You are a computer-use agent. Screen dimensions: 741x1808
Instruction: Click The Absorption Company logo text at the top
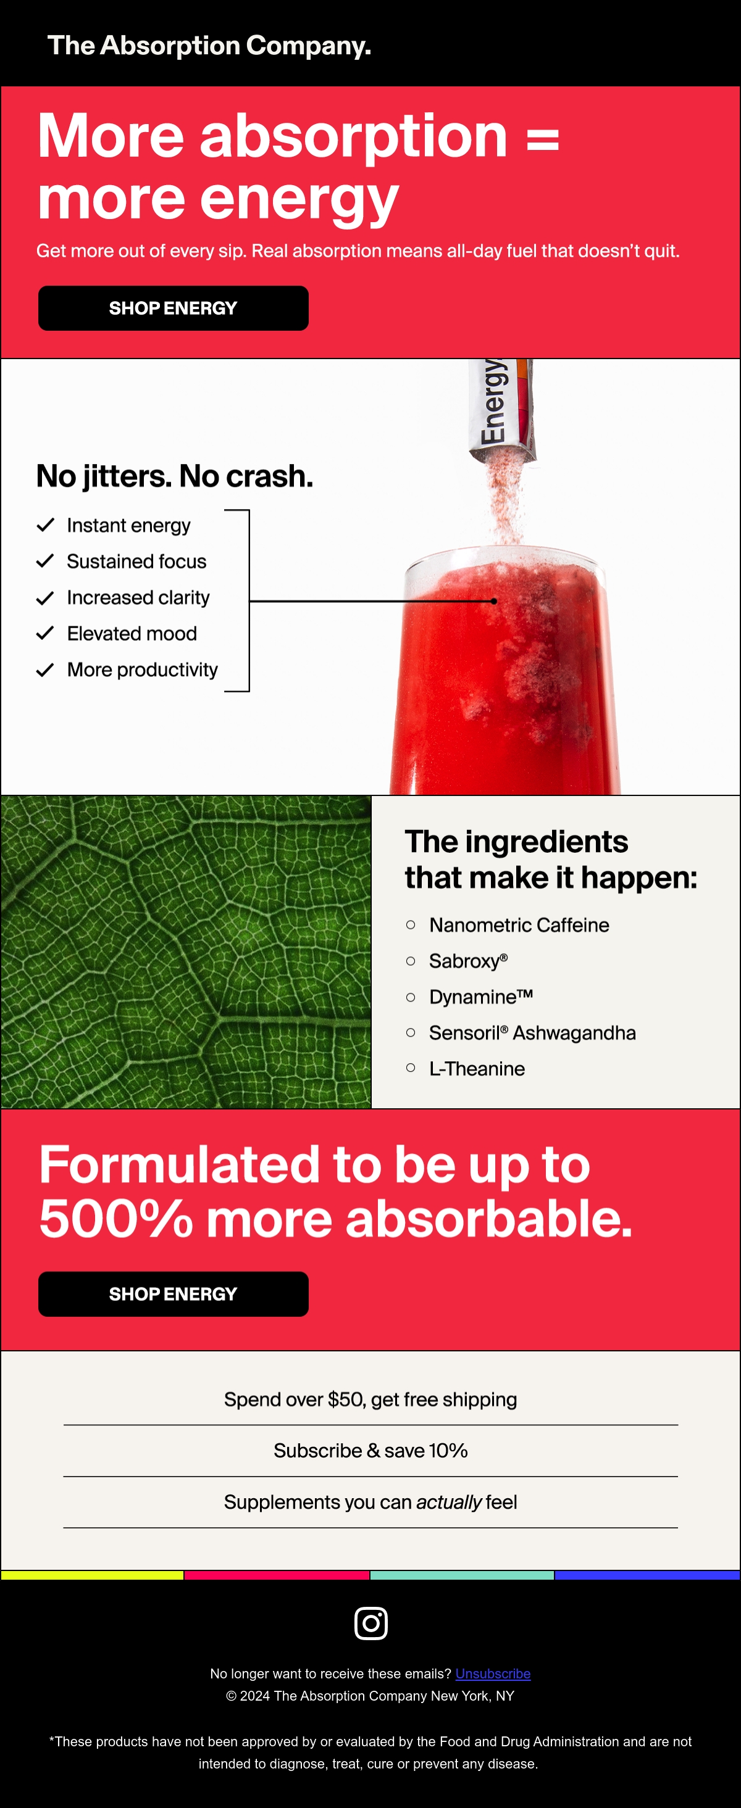pos(209,46)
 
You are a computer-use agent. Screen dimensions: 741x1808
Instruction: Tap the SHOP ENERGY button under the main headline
pos(173,308)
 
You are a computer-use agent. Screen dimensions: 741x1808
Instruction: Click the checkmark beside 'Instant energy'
pos(45,525)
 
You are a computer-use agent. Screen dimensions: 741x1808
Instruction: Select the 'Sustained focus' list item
pos(136,562)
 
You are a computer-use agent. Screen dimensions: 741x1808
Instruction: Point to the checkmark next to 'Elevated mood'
pos(45,633)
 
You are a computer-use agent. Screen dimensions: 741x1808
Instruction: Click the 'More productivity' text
pos(143,670)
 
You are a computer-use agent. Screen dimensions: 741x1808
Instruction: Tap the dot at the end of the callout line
pos(495,601)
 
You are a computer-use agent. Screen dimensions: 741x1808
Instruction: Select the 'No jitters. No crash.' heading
pos(174,476)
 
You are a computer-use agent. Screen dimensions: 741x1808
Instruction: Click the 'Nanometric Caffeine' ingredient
pos(519,925)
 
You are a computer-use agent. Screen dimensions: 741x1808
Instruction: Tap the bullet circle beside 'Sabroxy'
pos(411,961)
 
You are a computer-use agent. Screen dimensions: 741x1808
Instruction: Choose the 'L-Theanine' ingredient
pos(477,1068)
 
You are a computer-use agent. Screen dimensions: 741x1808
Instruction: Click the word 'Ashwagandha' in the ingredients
pos(574,1032)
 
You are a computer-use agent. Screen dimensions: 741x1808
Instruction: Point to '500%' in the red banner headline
pos(116,1219)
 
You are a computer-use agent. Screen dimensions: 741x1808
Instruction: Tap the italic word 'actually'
pos(449,1502)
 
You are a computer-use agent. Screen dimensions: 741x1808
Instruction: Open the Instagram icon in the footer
pos(371,1623)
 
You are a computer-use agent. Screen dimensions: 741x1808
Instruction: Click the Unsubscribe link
pos(492,1673)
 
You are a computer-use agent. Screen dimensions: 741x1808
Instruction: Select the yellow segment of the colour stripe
pos(92,1575)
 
